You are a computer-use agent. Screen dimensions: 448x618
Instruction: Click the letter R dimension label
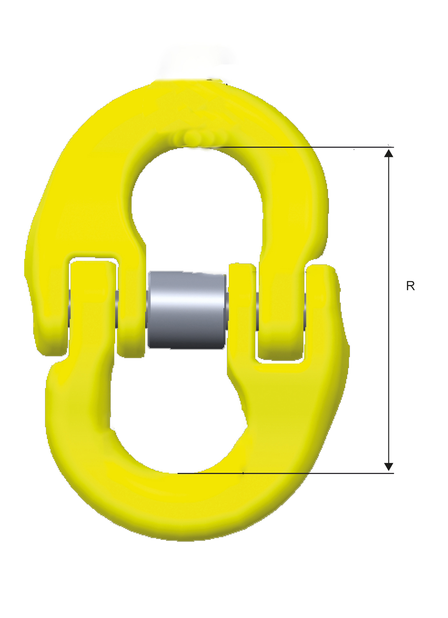pos(410,286)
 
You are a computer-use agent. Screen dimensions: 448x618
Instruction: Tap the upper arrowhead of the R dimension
pos(388,153)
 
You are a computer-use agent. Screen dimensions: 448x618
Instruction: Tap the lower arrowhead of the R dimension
pos(388,467)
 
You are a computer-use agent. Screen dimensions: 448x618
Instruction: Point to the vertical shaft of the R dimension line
pos(388,310)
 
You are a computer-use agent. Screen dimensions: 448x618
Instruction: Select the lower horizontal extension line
pos(286,473)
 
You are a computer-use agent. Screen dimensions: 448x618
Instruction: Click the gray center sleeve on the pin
pos(187,310)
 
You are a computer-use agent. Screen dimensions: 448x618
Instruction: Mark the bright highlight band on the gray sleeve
pos(187,300)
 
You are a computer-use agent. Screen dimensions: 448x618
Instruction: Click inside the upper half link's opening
pos(197,204)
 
